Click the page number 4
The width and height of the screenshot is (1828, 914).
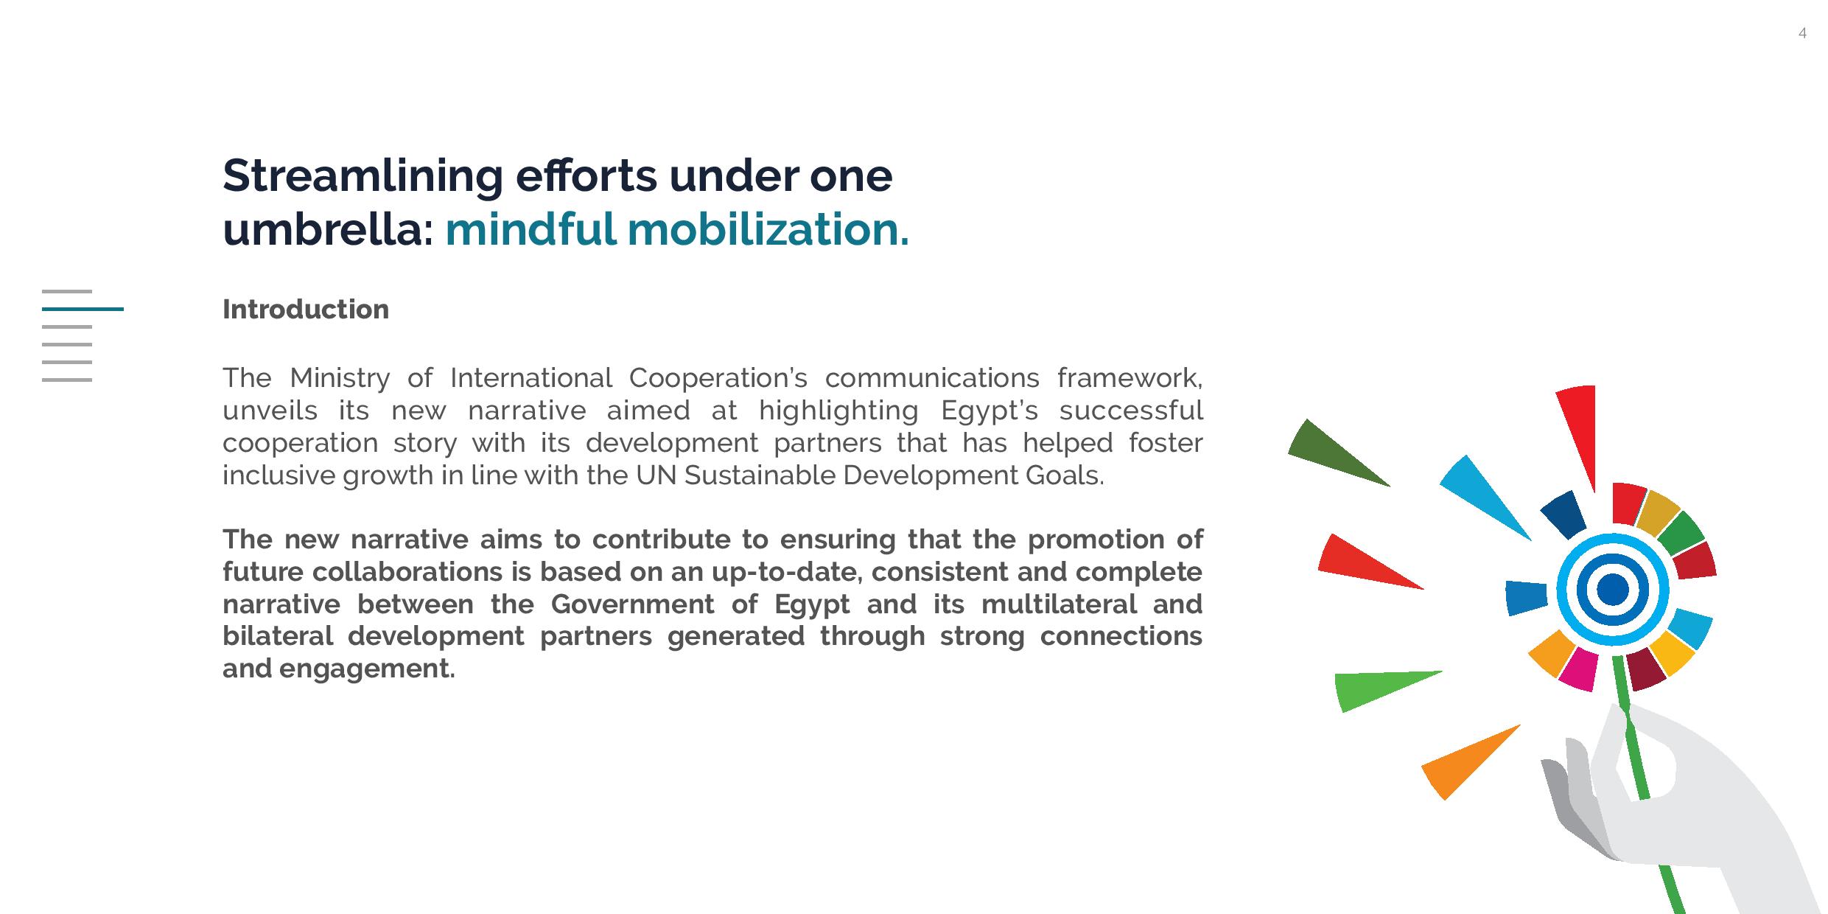pos(1802,33)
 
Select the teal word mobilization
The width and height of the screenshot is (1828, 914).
pos(768,229)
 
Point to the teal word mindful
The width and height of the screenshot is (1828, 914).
pos(530,229)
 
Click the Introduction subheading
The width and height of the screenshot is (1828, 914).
pos(305,310)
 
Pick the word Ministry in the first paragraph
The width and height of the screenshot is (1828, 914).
pos(339,378)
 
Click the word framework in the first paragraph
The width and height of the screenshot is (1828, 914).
pos(1129,378)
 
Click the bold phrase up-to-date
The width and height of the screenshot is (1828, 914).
pos(785,572)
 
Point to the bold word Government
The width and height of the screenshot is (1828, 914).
pos(632,604)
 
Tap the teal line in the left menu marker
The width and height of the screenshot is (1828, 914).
pos(83,309)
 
